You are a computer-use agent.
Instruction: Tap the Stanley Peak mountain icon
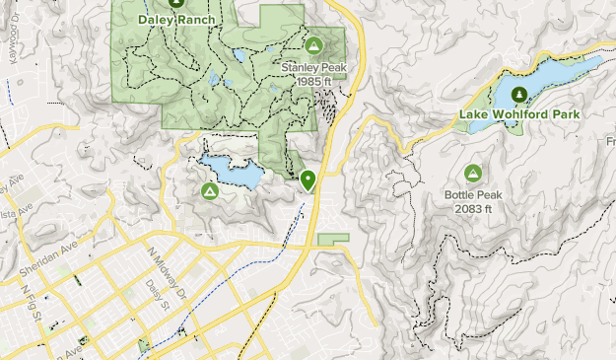click(x=314, y=45)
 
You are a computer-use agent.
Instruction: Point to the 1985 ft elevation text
click(x=312, y=81)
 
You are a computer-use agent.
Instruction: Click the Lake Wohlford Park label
click(x=519, y=114)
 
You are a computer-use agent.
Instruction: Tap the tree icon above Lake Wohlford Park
click(x=519, y=94)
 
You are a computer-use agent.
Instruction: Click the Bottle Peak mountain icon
click(x=473, y=174)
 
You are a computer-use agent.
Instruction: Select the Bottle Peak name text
click(x=473, y=195)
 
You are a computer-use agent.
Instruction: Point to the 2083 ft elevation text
click(x=473, y=208)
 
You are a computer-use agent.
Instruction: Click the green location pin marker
click(x=308, y=180)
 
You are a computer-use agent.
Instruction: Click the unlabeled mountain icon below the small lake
click(x=209, y=190)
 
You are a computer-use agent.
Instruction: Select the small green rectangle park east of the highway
click(x=333, y=239)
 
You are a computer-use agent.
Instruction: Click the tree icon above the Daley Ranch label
click(x=177, y=3)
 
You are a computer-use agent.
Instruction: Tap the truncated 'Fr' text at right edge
click(x=609, y=142)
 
